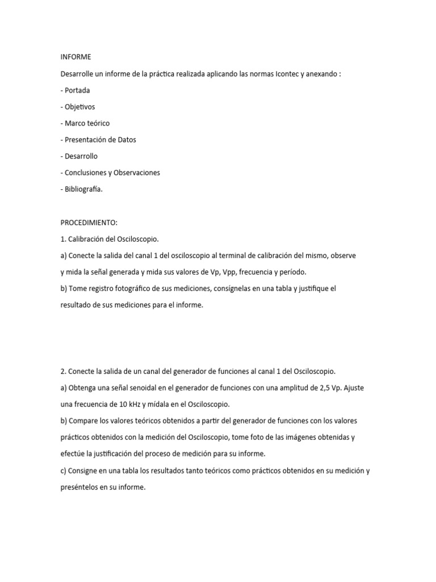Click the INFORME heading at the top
75,57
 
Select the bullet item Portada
77,90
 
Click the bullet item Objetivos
79,106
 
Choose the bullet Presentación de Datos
100,139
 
